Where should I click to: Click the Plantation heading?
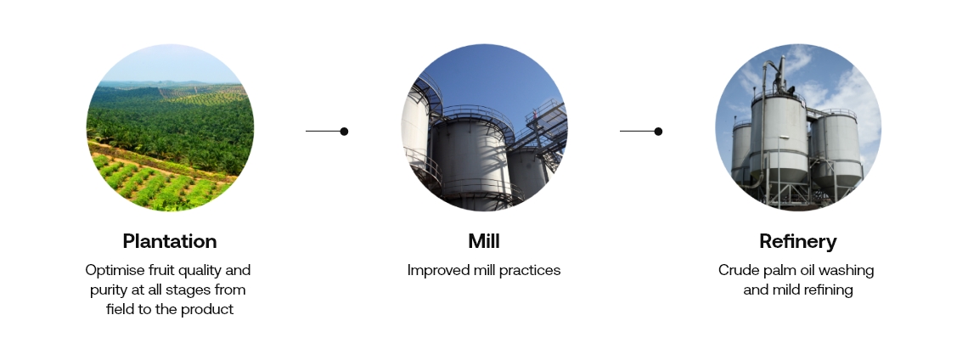tap(170, 241)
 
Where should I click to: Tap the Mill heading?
tap(484, 241)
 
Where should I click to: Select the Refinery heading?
tap(798, 241)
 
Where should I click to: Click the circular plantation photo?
tap(170, 127)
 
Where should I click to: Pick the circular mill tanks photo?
tap(484, 127)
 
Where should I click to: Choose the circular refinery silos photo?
tap(798, 127)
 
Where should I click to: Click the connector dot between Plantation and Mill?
tap(344, 131)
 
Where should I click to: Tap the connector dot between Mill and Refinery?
tap(658, 131)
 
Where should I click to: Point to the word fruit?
tap(152, 270)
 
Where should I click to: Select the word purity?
tap(108, 290)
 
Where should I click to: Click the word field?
tap(119, 309)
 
